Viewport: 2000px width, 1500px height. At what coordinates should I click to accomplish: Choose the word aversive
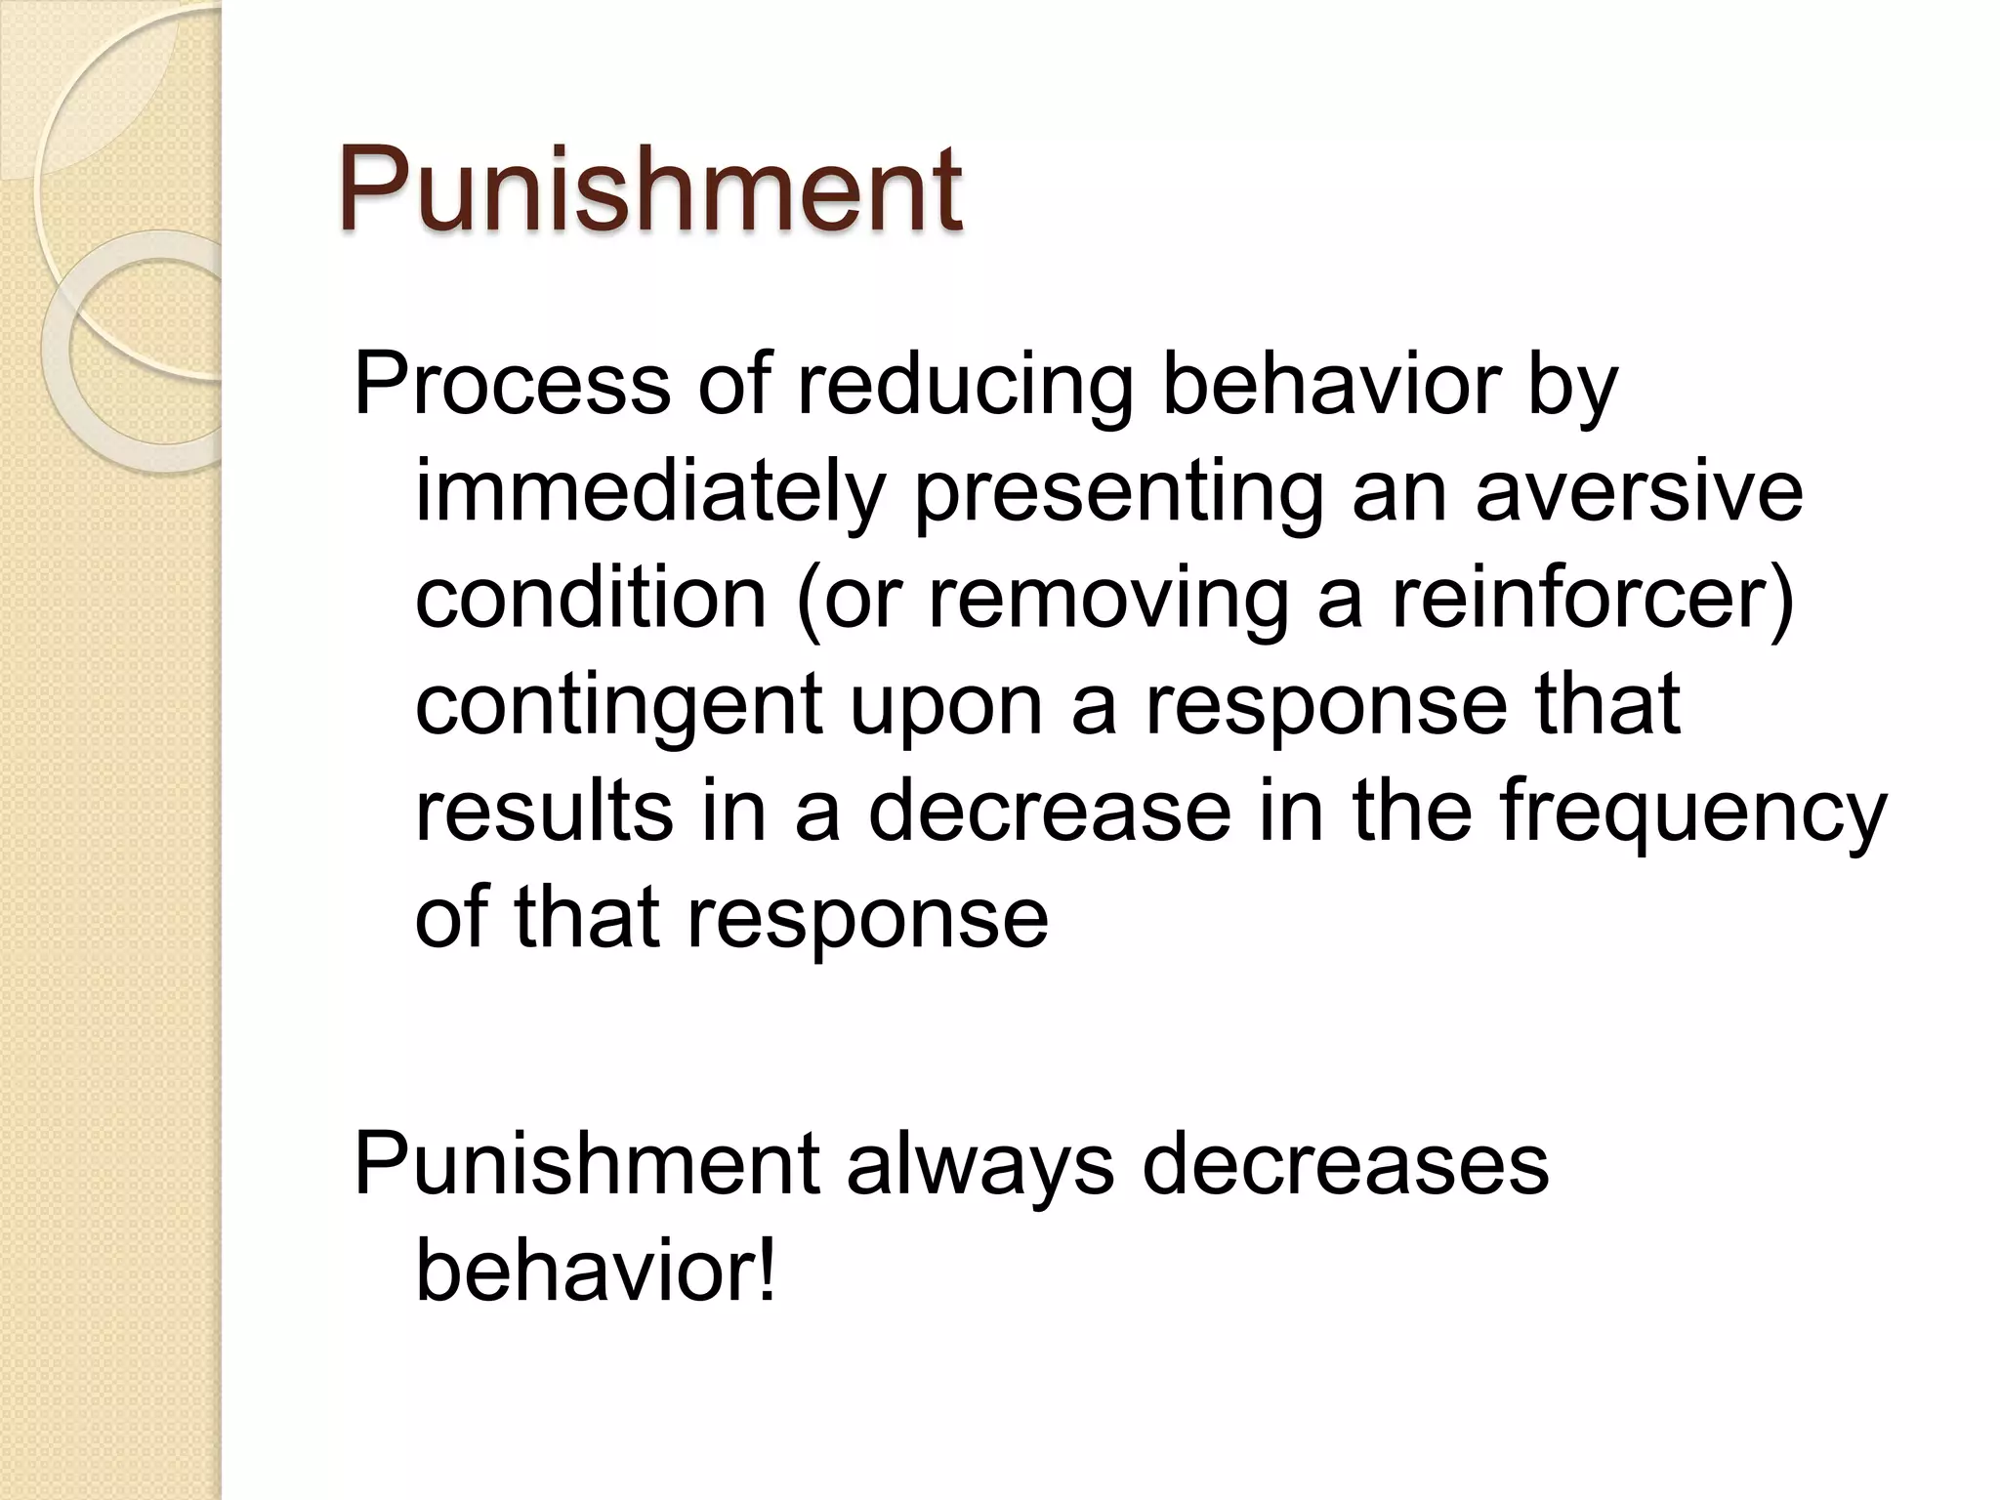(x=1638, y=491)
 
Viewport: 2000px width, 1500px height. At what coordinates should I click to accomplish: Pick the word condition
(x=591, y=598)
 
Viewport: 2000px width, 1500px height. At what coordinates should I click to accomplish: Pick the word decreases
(x=1345, y=1164)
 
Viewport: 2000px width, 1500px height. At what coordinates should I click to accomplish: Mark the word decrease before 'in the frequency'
(x=1050, y=812)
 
